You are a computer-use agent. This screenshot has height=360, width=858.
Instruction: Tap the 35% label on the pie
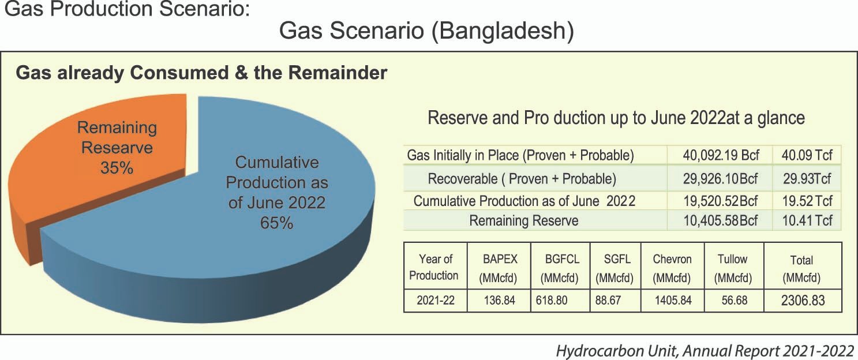pos(117,168)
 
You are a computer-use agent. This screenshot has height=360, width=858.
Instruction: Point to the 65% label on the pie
pos(276,223)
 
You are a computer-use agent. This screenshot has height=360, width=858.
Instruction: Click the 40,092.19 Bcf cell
pos(721,155)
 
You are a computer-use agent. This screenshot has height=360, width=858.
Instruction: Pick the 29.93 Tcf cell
pos(807,178)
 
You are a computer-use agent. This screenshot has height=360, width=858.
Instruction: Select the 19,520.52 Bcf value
pos(721,201)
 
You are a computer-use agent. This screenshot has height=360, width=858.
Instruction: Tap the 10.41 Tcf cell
pos(807,220)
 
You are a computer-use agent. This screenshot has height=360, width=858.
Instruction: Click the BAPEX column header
pos(499,268)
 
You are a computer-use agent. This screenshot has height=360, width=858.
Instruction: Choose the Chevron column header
pos(672,268)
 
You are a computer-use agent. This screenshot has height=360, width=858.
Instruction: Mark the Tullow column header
pos(733,268)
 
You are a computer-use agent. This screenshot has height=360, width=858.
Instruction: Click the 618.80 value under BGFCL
pos(552,300)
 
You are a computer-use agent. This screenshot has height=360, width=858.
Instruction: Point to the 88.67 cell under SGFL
pos(608,300)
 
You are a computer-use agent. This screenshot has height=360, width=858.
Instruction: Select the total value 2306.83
pos(803,300)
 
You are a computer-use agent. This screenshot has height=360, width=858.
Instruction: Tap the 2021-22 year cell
pos(436,300)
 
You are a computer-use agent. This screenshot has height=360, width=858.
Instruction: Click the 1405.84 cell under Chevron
pos(673,300)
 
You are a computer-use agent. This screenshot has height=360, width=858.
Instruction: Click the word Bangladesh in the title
pos(503,31)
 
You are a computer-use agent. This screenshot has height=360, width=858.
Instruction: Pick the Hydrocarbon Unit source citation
pos(705,351)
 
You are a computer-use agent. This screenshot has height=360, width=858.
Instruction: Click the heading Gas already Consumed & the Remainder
pos(201,73)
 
